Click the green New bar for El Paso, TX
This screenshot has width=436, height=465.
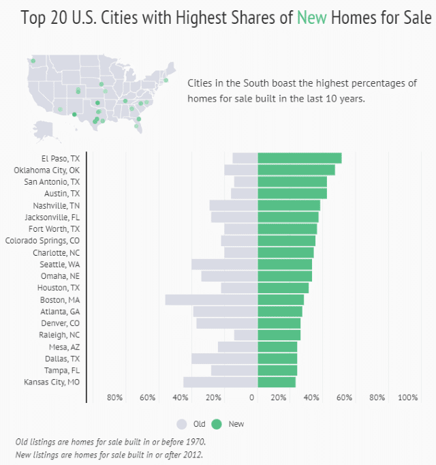coord(300,158)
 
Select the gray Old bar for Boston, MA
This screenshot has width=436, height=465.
coord(211,299)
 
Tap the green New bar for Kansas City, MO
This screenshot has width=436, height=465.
coord(277,382)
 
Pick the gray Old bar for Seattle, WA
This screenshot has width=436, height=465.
coord(224,264)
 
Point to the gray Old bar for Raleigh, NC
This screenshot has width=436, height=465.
coord(246,335)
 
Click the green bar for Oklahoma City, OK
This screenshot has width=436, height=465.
coord(296,170)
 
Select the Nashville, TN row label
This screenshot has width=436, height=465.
coord(56,205)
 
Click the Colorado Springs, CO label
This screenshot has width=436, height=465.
coord(42,241)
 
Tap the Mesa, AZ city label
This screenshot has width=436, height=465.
coord(64,347)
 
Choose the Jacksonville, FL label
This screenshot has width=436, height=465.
coord(51,217)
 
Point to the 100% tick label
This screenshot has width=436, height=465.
coord(407,397)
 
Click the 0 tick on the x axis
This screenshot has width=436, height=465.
coord(252,397)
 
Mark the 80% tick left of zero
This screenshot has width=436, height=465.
coord(114,397)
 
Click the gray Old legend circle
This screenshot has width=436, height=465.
coord(181,424)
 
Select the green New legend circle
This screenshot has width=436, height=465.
coord(217,424)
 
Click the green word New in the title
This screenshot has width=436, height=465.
coord(312,18)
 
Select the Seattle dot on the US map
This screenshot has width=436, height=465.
coord(33,61)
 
